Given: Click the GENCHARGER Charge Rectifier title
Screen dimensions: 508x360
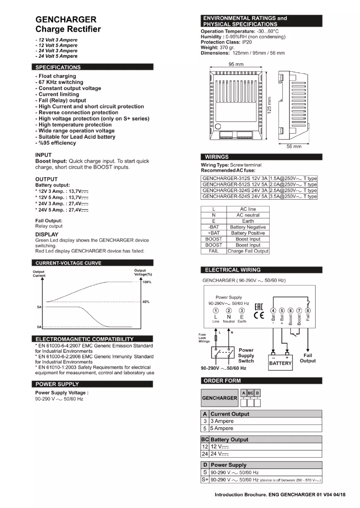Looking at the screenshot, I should click(x=68, y=25).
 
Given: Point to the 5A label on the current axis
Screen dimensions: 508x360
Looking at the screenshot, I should click(x=40, y=308).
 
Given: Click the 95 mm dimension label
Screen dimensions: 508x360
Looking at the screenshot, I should click(x=236, y=64).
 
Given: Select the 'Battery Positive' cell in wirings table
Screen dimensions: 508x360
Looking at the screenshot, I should click(x=248, y=233).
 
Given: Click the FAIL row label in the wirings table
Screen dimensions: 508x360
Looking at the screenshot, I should click(x=214, y=251).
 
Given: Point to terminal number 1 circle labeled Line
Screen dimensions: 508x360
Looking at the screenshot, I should click(x=215, y=311).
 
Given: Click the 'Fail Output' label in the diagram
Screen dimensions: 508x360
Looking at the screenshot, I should click(x=308, y=358).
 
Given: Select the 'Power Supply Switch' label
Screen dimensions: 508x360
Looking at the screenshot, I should click(x=246, y=355).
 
